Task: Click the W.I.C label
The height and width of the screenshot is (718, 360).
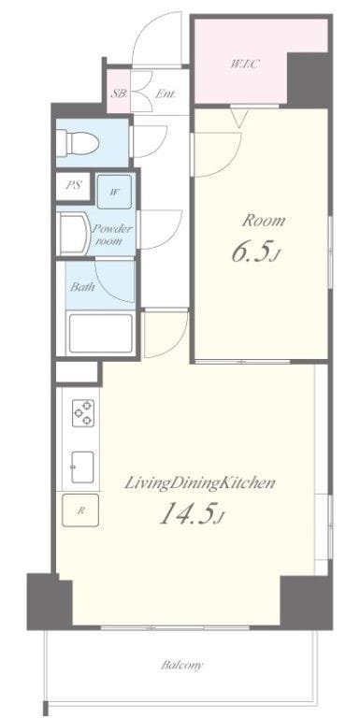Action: pyautogui.click(x=245, y=65)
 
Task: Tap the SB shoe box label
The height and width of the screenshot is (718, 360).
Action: pyautogui.click(x=119, y=93)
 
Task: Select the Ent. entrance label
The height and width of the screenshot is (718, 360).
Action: pyautogui.click(x=166, y=93)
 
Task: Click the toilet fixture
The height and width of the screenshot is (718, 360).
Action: pyautogui.click(x=78, y=142)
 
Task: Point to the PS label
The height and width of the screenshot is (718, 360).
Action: pyautogui.click(x=73, y=186)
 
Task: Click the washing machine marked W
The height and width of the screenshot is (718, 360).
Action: pyautogui.click(x=114, y=192)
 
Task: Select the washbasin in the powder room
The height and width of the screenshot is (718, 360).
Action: pyautogui.click(x=74, y=235)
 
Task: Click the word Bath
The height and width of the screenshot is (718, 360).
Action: pyautogui.click(x=82, y=287)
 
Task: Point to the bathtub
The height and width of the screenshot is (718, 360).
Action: pyautogui.click(x=100, y=333)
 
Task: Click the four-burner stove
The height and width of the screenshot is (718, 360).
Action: pyautogui.click(x=83, y=412)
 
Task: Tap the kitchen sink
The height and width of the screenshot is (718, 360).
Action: pyautogui.click(x=83, y=467)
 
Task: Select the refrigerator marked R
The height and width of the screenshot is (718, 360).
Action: pyautogui.click(x=80, y=510)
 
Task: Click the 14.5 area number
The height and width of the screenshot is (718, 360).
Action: pyautogui.click(x=191, y=515)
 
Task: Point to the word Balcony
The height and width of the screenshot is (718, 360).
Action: pyautogui.click(x=181, y=665)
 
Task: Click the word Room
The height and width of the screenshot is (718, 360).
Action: pyautogui.click(x=263, y=221)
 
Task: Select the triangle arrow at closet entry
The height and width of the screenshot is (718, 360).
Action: pyautogui.click(x=239, y=119)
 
